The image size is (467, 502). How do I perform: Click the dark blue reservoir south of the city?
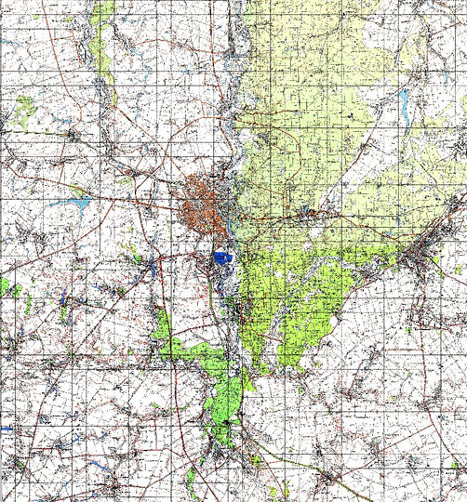point(221,257)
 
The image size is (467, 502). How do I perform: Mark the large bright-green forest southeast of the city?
point(298,297)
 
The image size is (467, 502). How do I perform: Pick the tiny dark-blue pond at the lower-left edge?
point(6,429)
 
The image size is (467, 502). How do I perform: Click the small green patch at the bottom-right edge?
point(456,465)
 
